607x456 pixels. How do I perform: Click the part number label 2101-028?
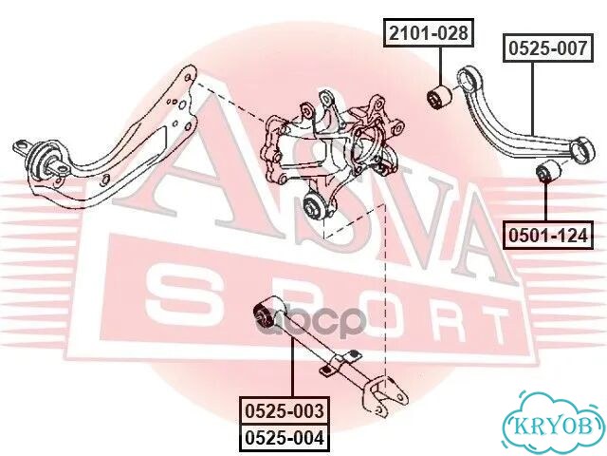[429, 33]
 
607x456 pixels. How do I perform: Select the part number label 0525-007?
[548, 48]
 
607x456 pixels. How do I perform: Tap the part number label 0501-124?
[548, 236]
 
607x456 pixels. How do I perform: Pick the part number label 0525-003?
[285, 410]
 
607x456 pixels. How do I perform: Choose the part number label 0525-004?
[285, 438]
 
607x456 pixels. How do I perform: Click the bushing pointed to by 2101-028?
[439, 98]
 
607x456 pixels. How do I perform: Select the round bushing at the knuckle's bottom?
[316, 204]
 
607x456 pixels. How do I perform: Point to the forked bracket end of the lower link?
[383, 395]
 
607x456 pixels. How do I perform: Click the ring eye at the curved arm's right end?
[583, 150]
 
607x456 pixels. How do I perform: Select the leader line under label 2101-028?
[440, 66]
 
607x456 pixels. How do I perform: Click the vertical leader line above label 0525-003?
[293, 367]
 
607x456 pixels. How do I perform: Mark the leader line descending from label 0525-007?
[533, 99]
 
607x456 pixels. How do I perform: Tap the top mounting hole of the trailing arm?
[188, 78]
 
